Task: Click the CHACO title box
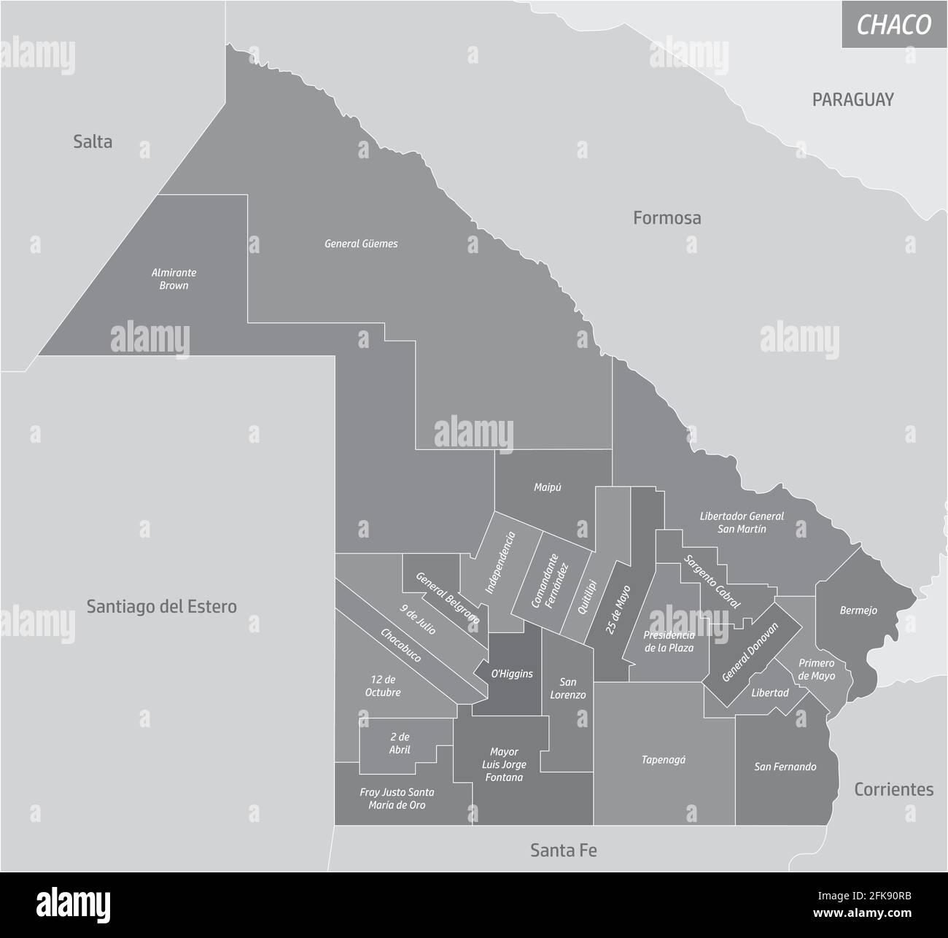tap(894, 25)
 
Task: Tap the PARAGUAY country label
tap(852, 100)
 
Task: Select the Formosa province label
tap(667, 217)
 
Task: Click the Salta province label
tap(93, 142)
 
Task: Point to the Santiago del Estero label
tap(161, 606)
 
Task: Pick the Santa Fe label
tap(564, 850)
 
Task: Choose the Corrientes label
tap(893, 789)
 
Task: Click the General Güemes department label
tap(361, 244)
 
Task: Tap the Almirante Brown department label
tap(174, 279)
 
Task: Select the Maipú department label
tap(547, 488)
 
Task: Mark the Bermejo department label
tap(858, 611)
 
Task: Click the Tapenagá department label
tap(663, 759)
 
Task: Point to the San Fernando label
tap(785, 767)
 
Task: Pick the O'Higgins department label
tap(511, 674)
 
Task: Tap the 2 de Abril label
tap(399, 743)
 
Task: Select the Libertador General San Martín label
tap(741, 522)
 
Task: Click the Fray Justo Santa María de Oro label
tap(397, 798)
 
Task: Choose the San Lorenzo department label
tap(567, 689)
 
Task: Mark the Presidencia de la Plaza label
tap(668, 641)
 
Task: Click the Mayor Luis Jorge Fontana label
tap(503, 764)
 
